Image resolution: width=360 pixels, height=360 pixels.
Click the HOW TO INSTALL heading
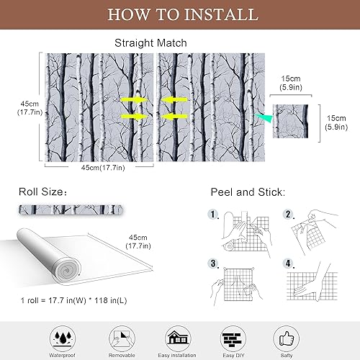[179, 14]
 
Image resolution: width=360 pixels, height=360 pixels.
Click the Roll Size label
[44, 192]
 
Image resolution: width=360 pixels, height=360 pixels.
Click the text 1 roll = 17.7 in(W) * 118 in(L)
[83, 299]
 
